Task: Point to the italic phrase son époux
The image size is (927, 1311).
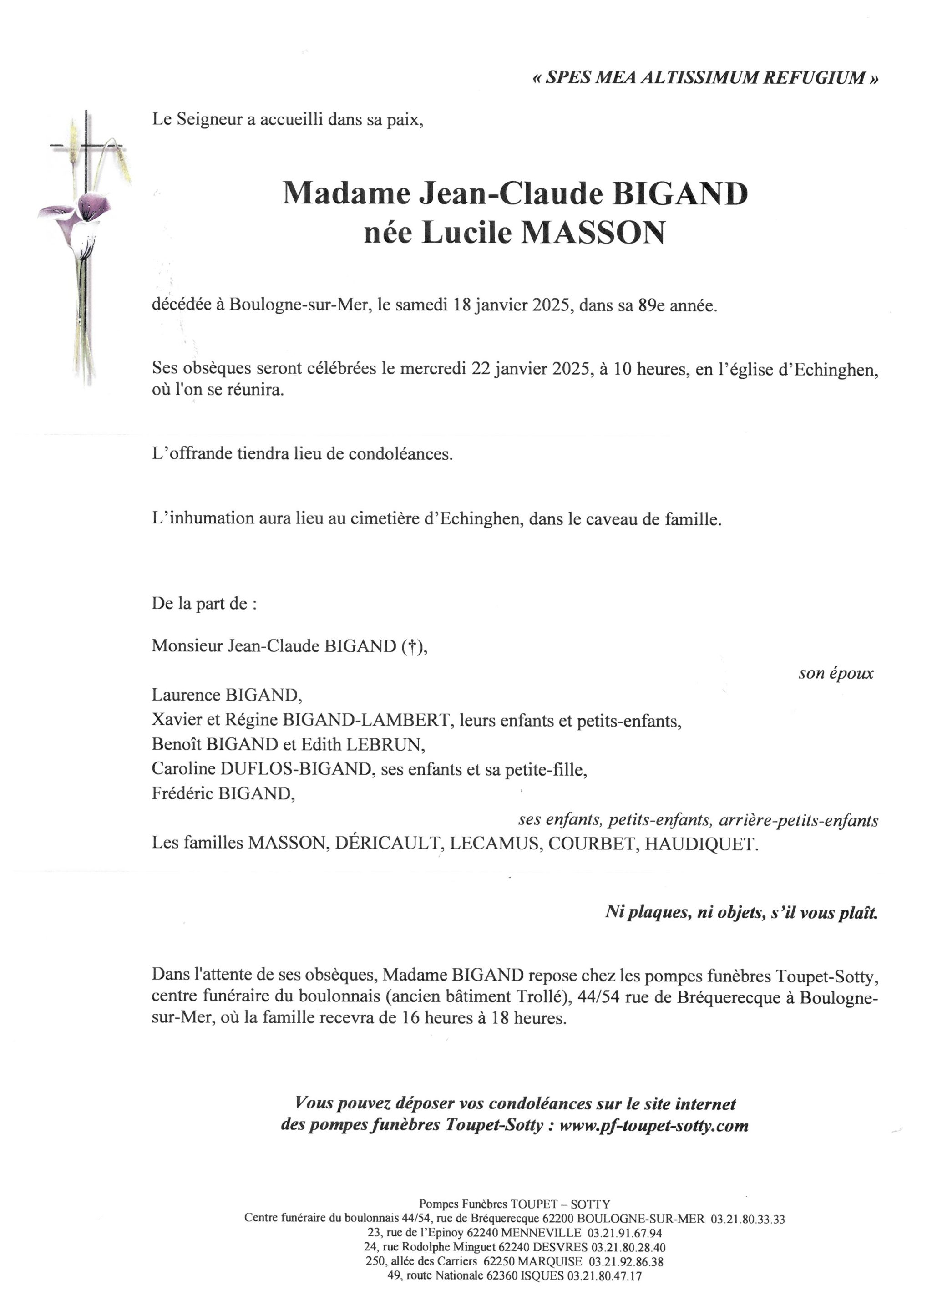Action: point(836,673)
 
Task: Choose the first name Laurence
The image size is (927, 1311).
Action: point(186,695)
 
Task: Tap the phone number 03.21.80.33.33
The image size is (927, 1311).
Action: point(748,1219)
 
